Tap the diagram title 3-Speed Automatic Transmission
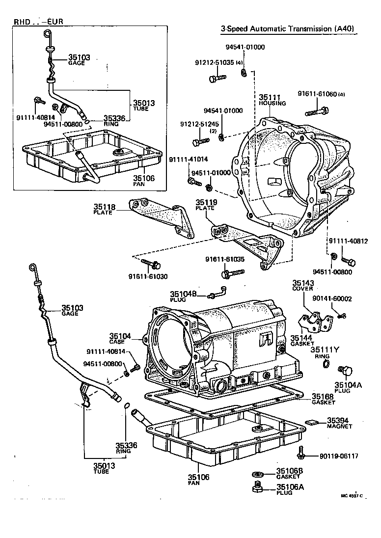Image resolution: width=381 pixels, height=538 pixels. tap(288, 29)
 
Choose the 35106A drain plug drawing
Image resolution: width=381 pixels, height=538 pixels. tap(256, 487)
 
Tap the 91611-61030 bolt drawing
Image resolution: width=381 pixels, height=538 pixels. tap(155, 265)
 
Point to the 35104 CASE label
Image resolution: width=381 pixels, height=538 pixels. tap(121, 337)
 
